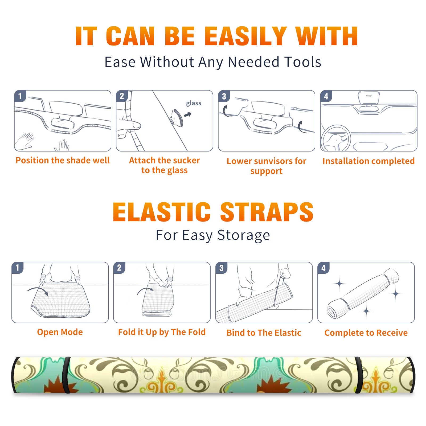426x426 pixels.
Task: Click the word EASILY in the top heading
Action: [246, 36]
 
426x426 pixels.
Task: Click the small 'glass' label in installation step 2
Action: [194, 103]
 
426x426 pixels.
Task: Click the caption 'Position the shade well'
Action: [63, 160]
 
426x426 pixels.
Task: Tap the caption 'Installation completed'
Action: [368, 161]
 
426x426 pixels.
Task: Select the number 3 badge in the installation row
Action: [224, 96]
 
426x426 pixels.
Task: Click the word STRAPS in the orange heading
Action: [267, 212]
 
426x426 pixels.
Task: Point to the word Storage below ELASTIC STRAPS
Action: [244, 235]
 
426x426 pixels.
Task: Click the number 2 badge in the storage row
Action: [119, 268]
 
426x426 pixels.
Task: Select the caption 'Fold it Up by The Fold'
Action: [162, 332]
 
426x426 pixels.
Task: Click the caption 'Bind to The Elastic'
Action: [264, 333]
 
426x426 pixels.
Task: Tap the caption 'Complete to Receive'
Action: [366, 333]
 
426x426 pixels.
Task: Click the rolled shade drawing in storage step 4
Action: [363, 293]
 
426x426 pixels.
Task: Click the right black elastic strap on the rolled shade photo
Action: [358, 375]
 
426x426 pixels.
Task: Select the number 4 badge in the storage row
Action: [323, 268]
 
